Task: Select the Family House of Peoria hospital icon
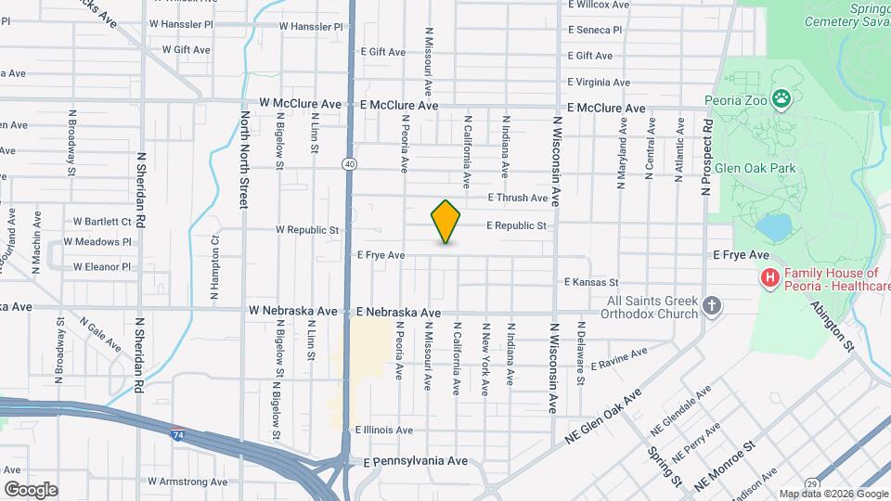pyautogui.click(x=768, y=277)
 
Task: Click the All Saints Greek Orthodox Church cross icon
pyautogui.click(x=712, y=306)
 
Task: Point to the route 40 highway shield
pyautogui.click(x=348, y=164)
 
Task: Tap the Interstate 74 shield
pyautogui.click(x=176, y=433)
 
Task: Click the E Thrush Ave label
pyautogui.click(x=518, y=198)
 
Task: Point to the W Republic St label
pyautogui.click(x=307, y=229)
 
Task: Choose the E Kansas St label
pyautogui.click(x=591, y=282)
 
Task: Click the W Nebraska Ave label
pyautogui.click(x=292, y=311)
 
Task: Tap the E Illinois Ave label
pyautogui.click(x=384, y=430)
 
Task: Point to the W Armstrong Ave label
pyautogui.click(x=181, y=482)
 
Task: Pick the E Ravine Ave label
pyautogui.click(x=618, y=358)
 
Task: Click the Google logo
pyautogui.click(x=31, y=490)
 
